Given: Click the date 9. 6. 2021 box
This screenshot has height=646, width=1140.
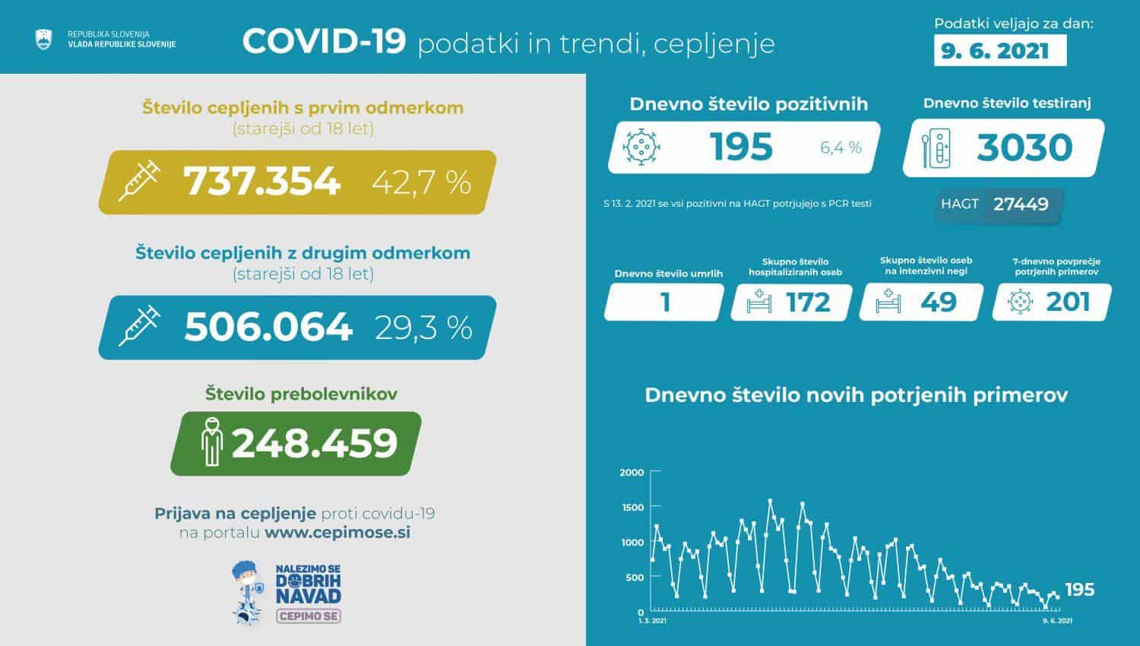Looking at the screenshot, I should [999, 51].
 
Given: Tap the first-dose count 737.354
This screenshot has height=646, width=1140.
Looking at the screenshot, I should [261, 182].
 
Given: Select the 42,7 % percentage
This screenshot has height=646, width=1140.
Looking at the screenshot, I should [422, 182].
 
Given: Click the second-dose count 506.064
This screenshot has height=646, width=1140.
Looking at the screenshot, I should [268, 327].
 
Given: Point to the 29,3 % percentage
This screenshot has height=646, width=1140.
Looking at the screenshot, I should [423, 328].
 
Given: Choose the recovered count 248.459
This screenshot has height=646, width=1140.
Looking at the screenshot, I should [314, 443].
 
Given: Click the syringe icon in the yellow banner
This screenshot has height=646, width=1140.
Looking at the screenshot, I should [139, 180].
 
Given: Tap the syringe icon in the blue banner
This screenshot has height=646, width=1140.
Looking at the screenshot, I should [139, 325].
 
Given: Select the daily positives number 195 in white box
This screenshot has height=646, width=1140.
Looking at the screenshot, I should [741, 147].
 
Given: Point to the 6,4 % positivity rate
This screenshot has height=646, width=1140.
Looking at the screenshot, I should [841, 147].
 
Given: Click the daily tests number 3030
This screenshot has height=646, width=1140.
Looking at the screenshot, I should [1024, 147].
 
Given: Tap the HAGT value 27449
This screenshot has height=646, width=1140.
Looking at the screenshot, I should [1021, 204].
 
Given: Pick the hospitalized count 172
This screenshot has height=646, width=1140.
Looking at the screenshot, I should [808, 302].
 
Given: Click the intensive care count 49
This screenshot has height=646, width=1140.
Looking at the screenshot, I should [938, 302].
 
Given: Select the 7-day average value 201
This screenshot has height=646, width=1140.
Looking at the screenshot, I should [1068, 302].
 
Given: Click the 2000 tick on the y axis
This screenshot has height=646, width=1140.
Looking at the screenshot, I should [632, 473].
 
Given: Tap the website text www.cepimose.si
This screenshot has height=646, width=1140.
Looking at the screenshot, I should [337, 533].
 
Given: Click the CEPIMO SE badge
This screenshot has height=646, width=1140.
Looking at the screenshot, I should [308, 616].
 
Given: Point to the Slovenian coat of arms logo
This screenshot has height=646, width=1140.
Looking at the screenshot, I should [43, 40].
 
